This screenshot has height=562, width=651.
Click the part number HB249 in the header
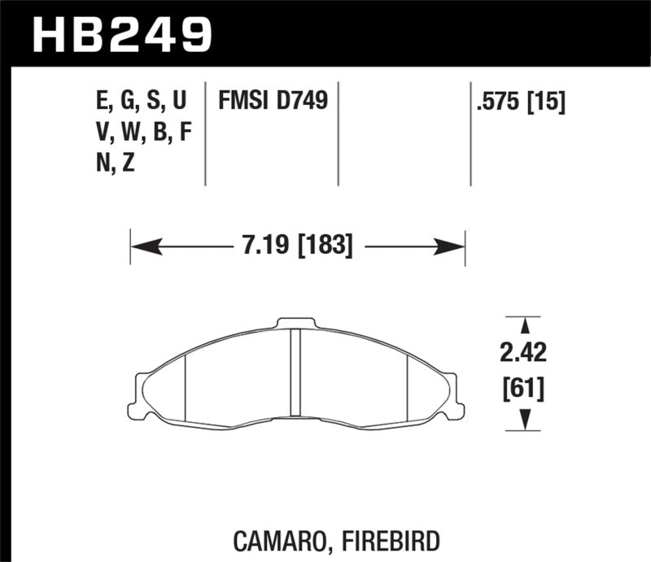point(122,34)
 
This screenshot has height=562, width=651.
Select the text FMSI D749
point(272,101)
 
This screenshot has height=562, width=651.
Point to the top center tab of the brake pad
point(296,323)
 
